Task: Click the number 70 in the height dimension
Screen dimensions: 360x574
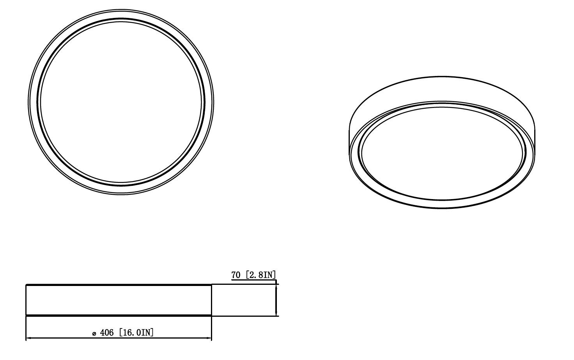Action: [236, 275]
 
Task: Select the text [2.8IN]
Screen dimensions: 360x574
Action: [260, 275]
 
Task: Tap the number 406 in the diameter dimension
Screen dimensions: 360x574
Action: [107, 333]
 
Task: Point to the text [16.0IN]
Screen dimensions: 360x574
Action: [136, 333]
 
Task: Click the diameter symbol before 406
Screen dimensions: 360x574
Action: [94, 334]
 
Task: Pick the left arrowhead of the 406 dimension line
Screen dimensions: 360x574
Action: [28, 338]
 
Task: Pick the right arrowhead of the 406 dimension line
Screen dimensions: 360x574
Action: [209, 338]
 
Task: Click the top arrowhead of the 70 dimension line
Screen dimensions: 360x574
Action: [276, 287]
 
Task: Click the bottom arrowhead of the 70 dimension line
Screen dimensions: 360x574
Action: [276, 314]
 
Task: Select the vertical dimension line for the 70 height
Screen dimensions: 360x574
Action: [276, 300]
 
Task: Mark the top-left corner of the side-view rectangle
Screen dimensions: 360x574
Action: [26, 285]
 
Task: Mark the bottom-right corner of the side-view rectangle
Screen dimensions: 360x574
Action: [211, 315]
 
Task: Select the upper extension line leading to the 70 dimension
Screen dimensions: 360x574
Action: [244, 284]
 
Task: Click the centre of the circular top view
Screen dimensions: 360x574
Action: [121, 102]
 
